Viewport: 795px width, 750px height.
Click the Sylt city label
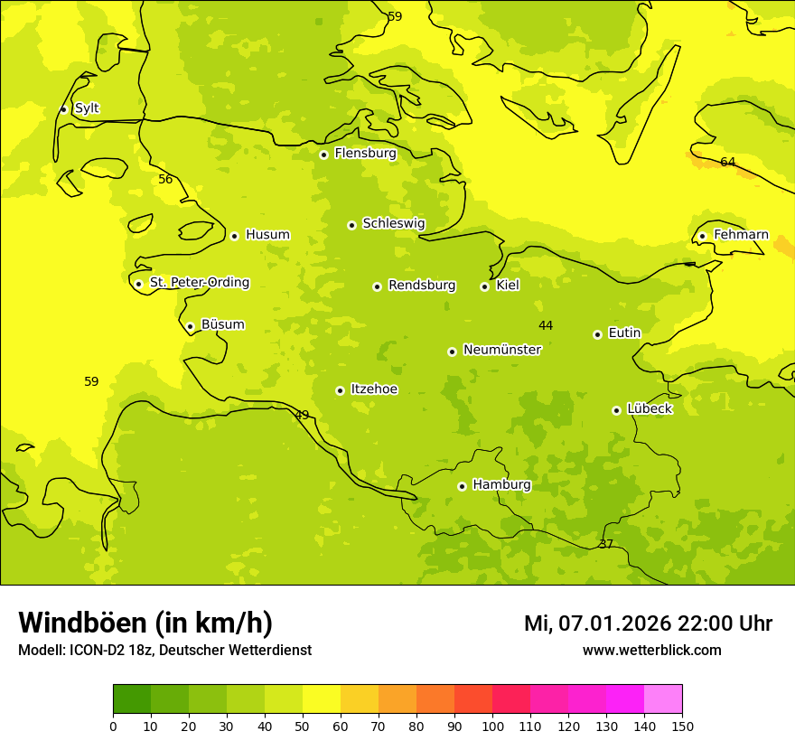click(87, 108)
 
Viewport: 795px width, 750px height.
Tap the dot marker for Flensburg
click(323, 155)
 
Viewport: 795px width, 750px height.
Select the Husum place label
click(267, 235)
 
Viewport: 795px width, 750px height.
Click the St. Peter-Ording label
click(199, 283)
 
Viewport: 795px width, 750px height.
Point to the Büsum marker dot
click(190, 326)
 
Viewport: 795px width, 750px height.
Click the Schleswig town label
click(393, 223)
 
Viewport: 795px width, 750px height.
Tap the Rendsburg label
click(422, 286)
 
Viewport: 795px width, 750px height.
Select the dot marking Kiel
click(484, 286)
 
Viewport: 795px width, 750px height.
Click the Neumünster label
click(501, 350)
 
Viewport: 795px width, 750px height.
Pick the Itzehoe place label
click(374, 389)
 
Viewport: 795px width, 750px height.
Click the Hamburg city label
click(501, 485)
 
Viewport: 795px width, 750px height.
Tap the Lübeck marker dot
click(616, 410)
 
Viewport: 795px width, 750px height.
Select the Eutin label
click(624, 333)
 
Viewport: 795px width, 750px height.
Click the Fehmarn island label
click(741, 235)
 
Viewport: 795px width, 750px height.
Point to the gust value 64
click(727, 163)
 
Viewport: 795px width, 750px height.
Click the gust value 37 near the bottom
click(605, 544)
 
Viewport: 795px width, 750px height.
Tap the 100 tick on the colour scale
click(492, 726)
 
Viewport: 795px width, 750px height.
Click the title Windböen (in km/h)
click(145, 623)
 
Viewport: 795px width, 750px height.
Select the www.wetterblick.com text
click(651, 651)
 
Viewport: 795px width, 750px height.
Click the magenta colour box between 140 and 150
click(662, 699)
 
